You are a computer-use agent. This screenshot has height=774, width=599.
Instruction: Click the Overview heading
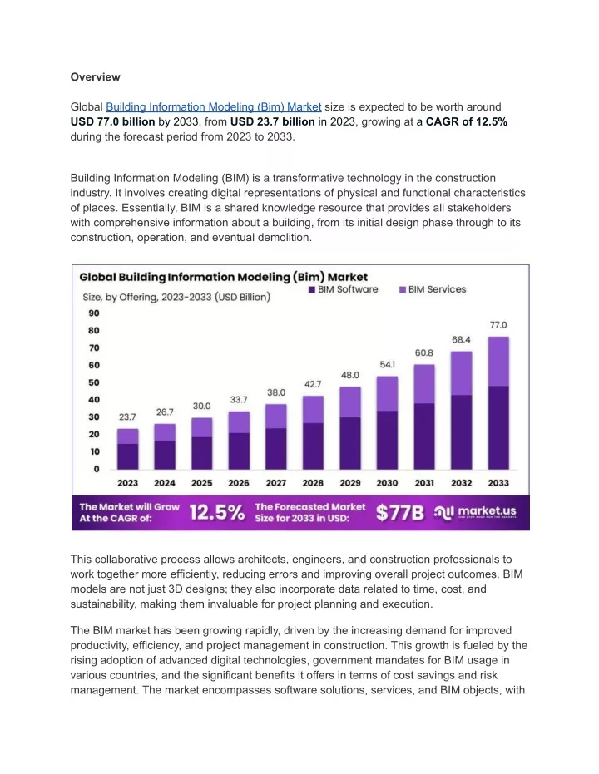[96, 77]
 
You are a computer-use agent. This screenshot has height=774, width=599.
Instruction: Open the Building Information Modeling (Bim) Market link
[213, 107]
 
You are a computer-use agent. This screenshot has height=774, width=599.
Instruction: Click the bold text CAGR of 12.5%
[467, 121]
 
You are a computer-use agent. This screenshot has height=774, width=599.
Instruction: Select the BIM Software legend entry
[344, 289]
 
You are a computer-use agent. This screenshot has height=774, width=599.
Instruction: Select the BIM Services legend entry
[433, 289]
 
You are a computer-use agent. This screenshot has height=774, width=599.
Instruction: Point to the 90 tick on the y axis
[94, 313]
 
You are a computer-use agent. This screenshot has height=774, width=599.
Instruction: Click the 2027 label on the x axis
[276, 483]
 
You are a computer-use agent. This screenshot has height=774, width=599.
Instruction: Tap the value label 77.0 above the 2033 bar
[498, 325]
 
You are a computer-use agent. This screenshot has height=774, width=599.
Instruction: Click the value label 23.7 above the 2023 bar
[127, 417]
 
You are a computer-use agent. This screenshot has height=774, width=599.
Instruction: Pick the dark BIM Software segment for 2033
[498, 427]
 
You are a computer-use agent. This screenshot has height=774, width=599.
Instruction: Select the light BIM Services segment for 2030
[387, 393]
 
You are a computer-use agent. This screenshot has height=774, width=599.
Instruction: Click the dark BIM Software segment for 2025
[202, 452]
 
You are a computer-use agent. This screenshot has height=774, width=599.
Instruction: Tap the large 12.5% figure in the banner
[217, 512]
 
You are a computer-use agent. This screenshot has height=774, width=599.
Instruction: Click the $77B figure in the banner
[400, 512]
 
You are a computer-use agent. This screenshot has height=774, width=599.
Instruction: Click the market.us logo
[475, 512]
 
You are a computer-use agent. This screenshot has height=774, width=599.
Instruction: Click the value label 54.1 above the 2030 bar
[387, 364]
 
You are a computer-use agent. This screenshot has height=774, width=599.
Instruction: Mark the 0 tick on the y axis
[97, 469]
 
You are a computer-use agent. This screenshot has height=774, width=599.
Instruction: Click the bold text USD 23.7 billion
[273, 121]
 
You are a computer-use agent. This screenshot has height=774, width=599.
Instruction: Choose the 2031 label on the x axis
[424, 483]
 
